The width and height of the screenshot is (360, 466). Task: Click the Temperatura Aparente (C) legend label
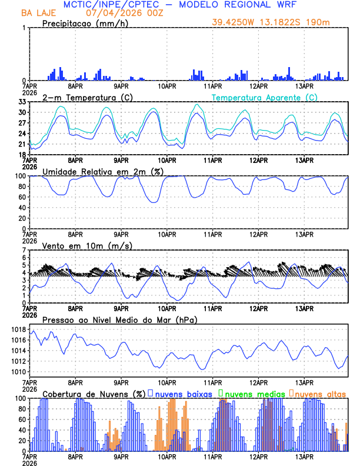tap(264, 97)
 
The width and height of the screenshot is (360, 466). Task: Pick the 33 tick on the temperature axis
tap(22, 102)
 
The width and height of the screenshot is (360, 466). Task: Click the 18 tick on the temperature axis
tap(22, 155)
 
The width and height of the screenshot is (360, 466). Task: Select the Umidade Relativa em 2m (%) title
tap(102, 171)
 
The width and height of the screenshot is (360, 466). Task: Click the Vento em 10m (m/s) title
tap(87, 245)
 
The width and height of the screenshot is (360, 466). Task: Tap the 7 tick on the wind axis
tap(25, 250)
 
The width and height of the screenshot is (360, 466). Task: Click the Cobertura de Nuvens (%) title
tap(94, 393)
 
